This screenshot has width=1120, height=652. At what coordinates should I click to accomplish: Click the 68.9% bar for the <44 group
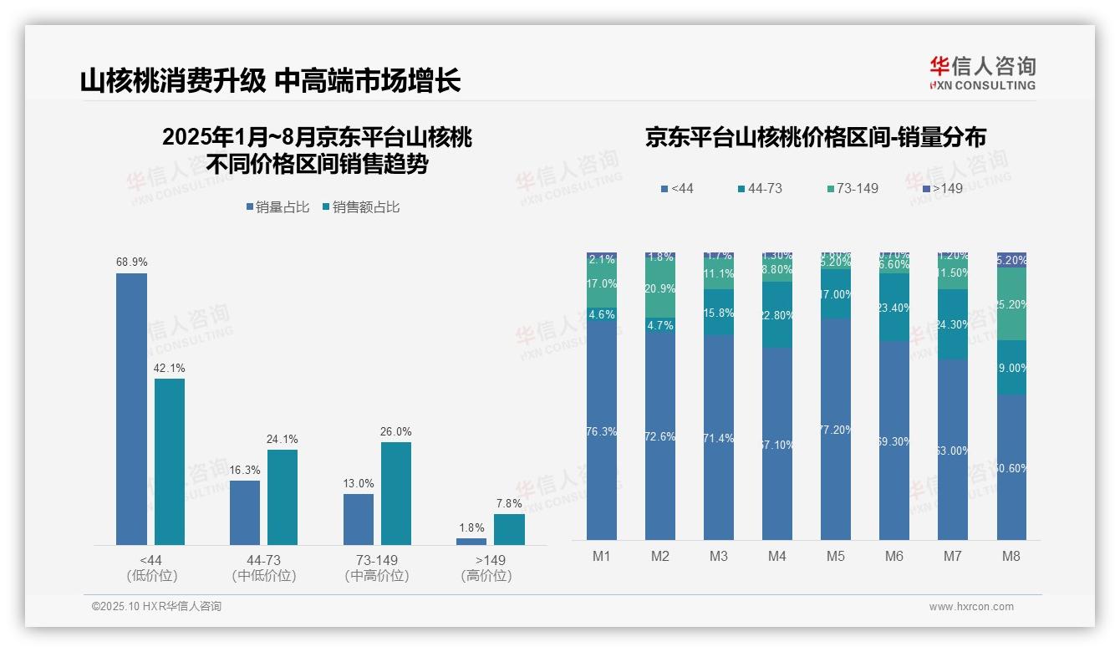point(131,409)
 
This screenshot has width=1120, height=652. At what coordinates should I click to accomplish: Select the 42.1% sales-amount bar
point(170,461)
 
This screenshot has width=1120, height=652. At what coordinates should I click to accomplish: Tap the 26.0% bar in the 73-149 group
point(396,493)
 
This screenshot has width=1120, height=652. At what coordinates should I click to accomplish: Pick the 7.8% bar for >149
point(509,529)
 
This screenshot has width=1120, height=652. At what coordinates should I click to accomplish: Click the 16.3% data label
point(244,471)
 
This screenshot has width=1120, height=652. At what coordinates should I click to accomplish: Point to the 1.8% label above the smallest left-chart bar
point(471,527)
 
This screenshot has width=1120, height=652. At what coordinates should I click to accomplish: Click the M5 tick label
point(835,556)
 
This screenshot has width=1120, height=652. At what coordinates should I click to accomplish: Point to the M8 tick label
point(1011,556)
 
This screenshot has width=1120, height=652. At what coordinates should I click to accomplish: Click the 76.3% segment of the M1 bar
point(602,431)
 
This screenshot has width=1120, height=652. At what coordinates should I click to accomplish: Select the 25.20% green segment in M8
point(1011,304)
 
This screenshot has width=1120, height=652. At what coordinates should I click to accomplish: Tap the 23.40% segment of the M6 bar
point(893,308)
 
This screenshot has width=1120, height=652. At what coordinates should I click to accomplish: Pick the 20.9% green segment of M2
point(660,288)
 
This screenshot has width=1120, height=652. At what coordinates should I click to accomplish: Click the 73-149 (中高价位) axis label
point(377,568)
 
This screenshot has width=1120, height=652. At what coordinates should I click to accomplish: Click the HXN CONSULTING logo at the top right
point(982,73)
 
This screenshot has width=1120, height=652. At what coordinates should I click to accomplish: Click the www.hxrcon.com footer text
point(970,607)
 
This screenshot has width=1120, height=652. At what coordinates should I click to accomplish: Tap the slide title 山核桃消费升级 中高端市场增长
point(270,81)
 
